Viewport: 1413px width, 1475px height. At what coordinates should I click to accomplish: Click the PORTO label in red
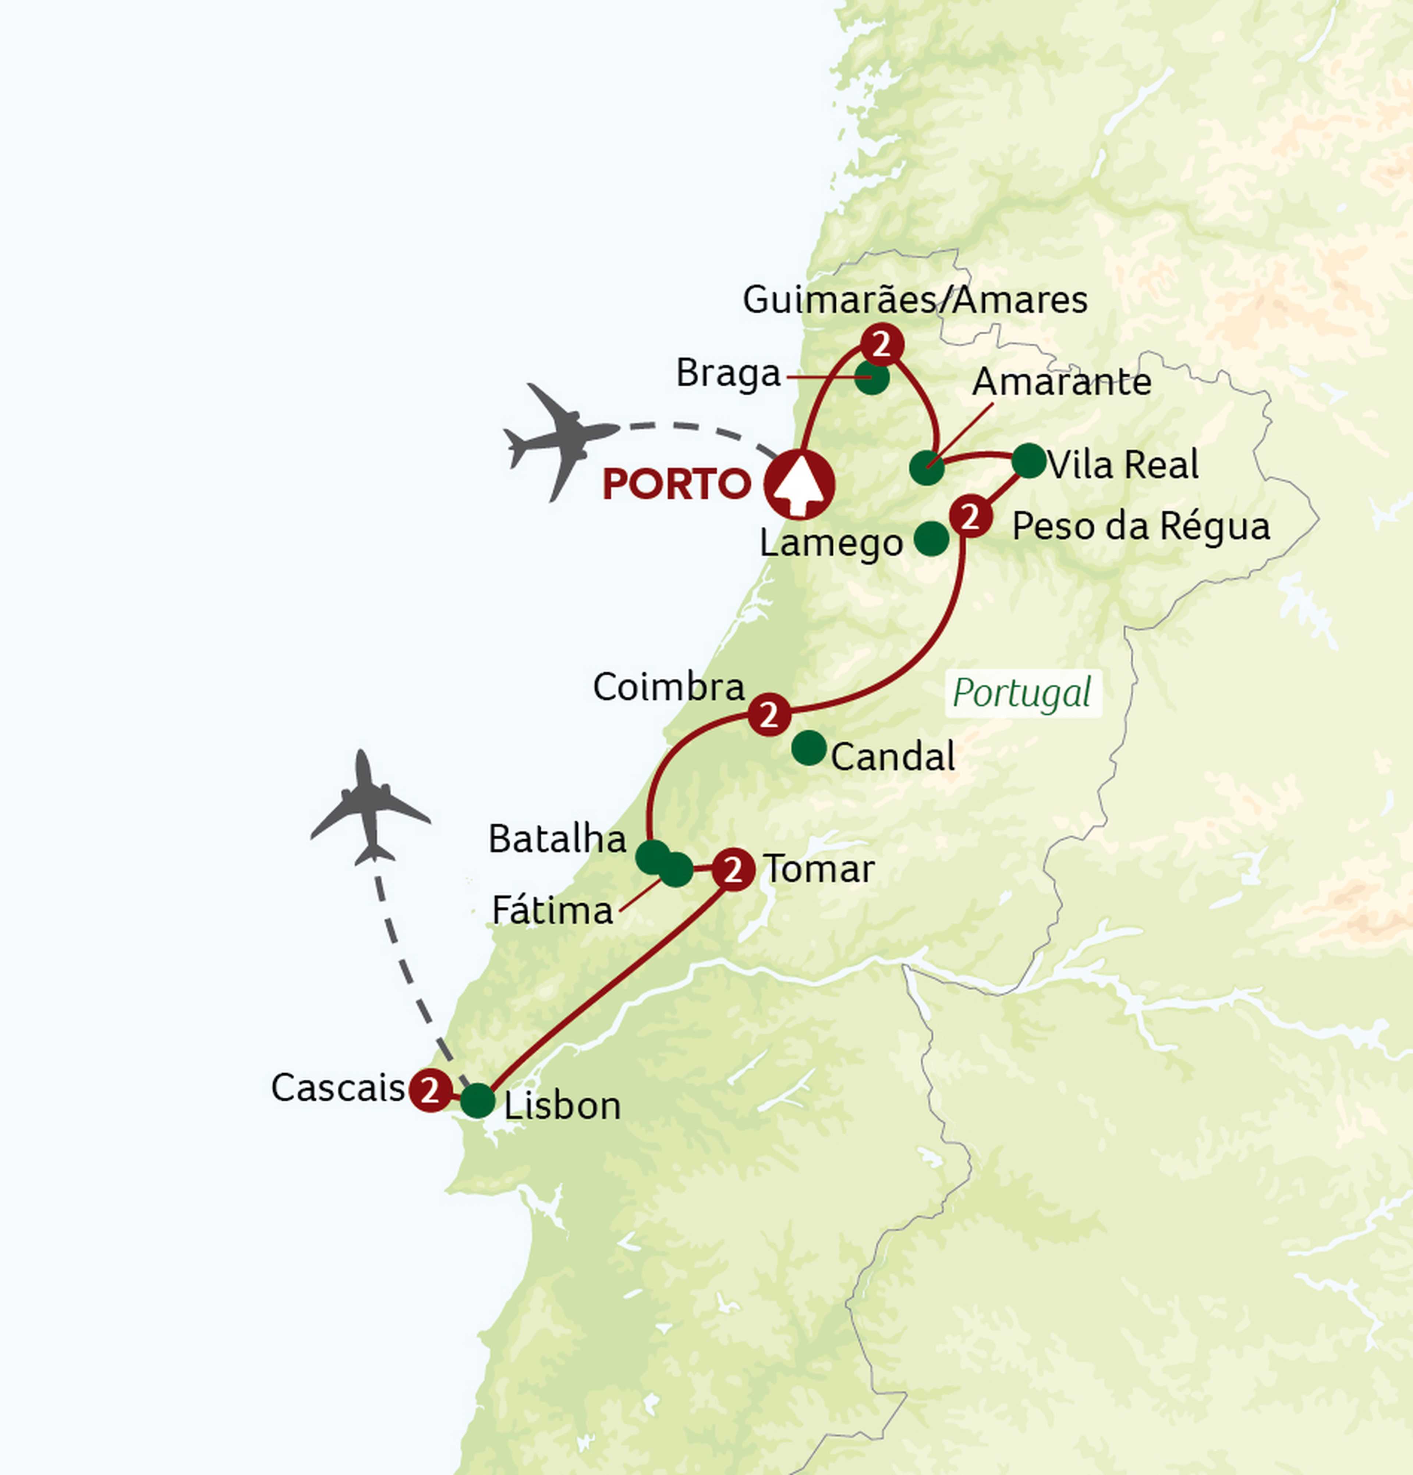point(676,484)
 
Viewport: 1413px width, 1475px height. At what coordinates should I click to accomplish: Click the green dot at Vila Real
point(1029,461)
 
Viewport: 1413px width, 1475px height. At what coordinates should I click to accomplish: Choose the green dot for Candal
point(809,748)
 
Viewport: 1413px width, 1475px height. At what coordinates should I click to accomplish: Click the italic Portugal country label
point(1021,693)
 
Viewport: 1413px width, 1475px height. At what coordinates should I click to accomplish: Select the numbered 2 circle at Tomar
point(733,870)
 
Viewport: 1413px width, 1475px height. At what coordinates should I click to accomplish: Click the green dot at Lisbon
point(477,1102)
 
